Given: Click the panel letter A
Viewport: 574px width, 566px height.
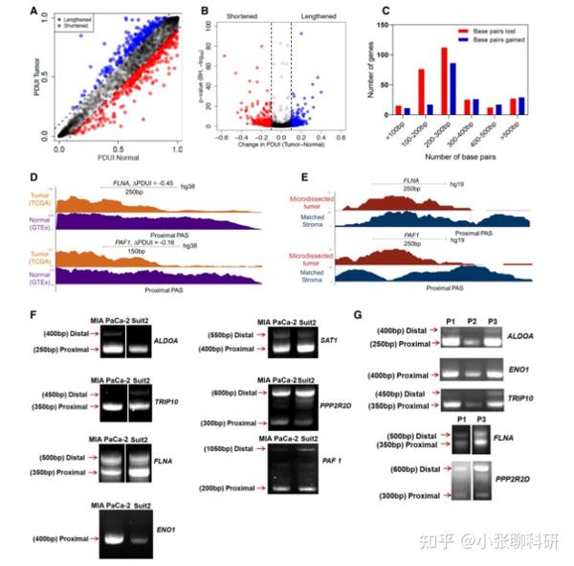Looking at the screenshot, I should [34, 11].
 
